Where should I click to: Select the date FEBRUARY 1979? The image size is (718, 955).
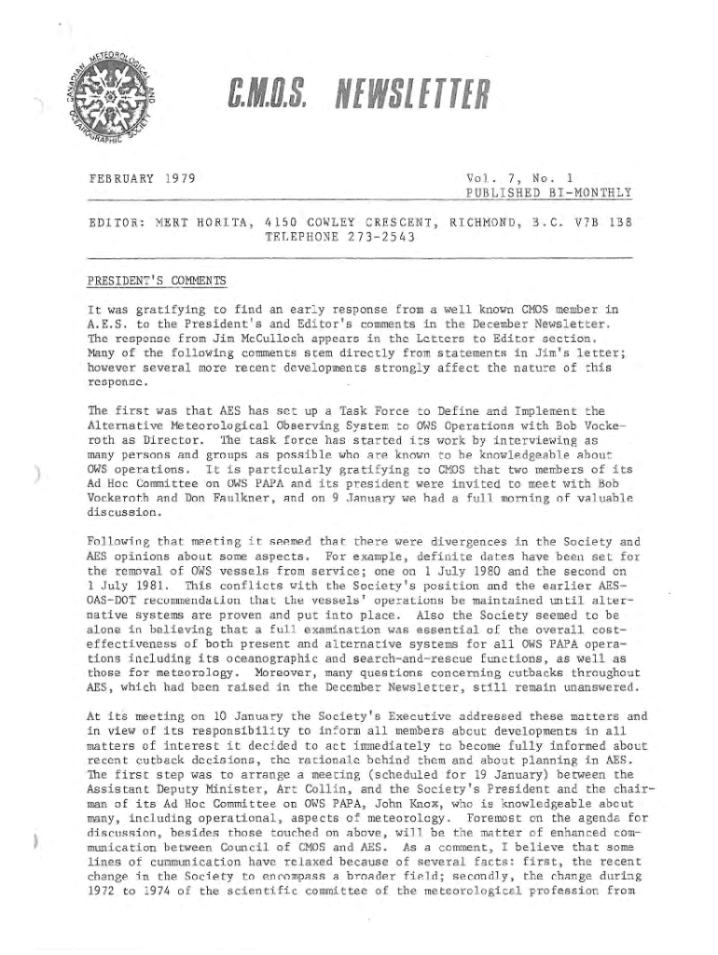click(x=143, y=177)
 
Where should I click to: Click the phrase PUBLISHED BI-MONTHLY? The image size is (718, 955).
click(x=548, y=193)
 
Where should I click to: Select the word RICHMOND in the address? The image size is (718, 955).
click(x=491, y=224)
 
